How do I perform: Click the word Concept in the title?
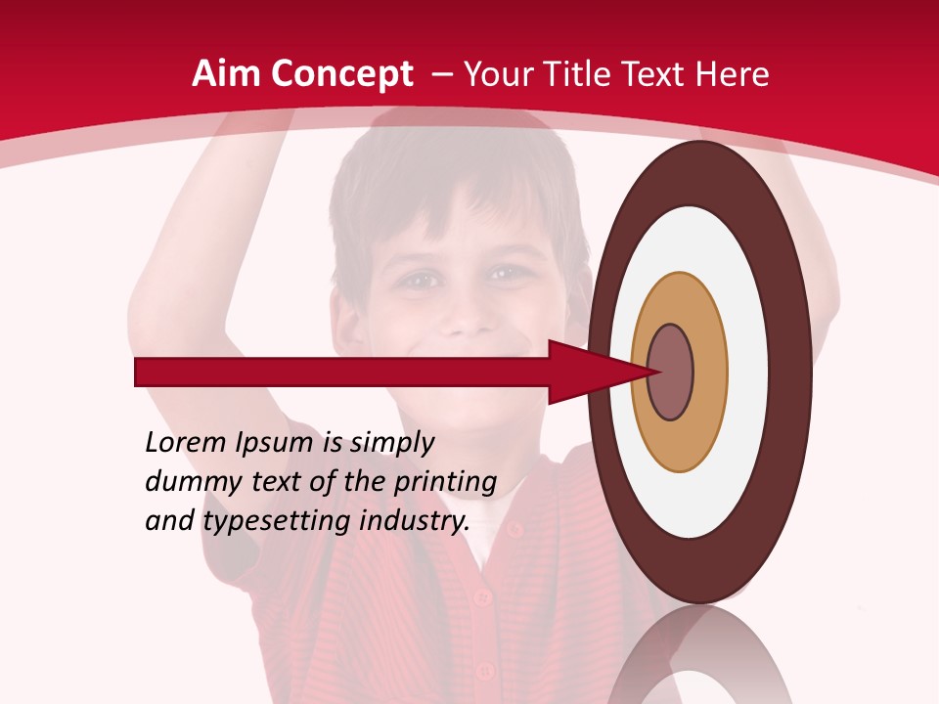[x=343, y=75]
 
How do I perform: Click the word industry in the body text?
[x=415, y=521]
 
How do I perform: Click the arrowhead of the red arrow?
[x=587, y=373]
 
